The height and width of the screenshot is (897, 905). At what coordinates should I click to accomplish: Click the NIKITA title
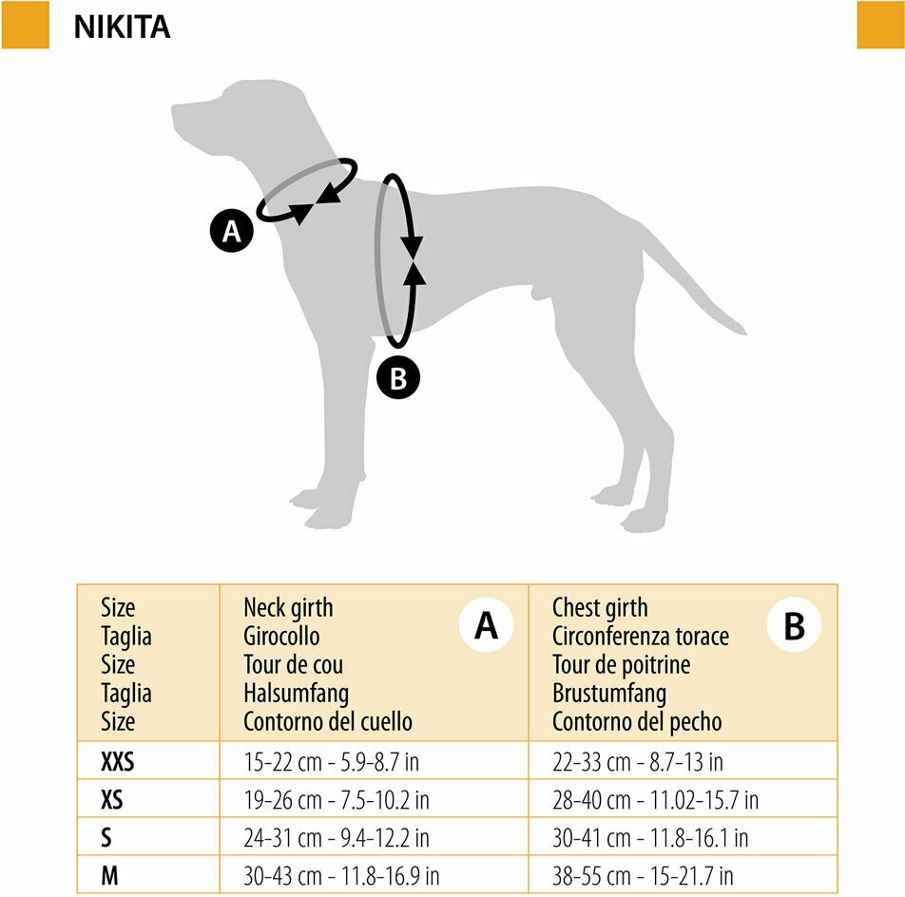(x=122, y=27)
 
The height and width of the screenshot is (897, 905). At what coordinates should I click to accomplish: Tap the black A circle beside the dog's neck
(x=232, y=231)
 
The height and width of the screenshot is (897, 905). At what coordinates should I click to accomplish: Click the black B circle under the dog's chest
(x=398, y=378)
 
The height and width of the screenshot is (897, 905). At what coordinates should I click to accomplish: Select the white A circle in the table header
(x=486, y=626)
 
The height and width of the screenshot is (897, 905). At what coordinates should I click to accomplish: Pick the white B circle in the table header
(x=794, y=626)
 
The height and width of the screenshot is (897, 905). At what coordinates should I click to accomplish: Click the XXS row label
(x=118, y=762)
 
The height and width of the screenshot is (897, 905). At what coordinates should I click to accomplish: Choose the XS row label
(x=112, y=800)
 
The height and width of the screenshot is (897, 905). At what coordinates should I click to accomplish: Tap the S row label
(x=106, y=838)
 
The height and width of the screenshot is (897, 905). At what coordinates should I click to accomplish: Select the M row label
(x=109, y=876)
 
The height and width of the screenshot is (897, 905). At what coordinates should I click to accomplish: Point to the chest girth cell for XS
(x=655, y=800)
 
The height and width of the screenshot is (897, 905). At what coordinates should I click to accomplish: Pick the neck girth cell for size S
(x=337, y=838)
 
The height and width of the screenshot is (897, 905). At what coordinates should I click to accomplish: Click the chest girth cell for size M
(x=643, y=876)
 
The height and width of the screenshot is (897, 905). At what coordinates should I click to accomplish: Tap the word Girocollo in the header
(x=281, y=636)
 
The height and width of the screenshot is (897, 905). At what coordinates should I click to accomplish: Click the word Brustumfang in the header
(x=609, y=693)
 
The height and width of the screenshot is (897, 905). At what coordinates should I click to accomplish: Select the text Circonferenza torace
(x=641, y=636)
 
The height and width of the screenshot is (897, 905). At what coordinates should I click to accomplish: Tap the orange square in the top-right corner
(x=880, y=25)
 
